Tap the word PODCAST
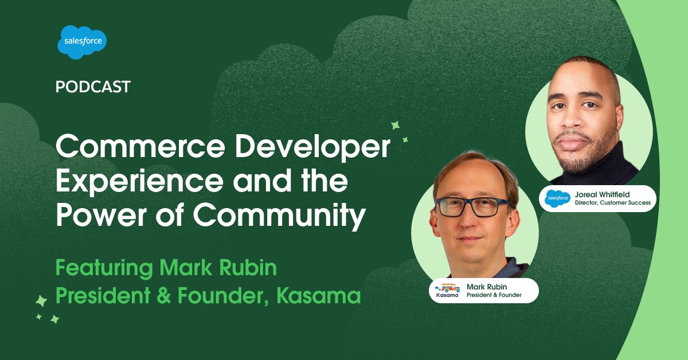93,87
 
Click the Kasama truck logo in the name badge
447,289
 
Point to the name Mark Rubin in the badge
487,285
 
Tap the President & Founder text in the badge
494,295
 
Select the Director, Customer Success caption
612,203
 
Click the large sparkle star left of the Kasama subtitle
41,300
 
